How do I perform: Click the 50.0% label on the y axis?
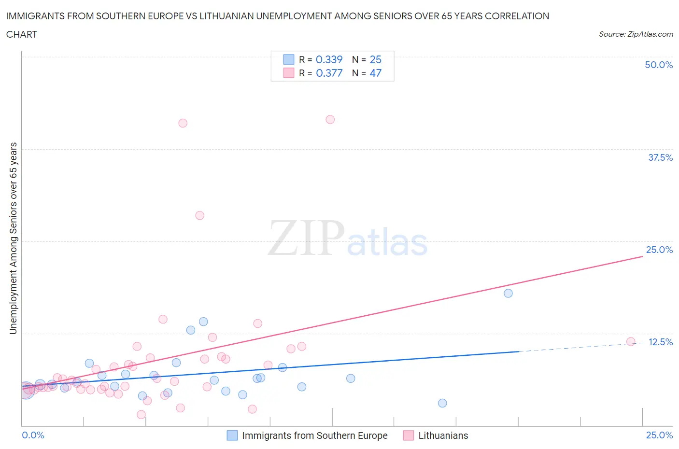[659, 65]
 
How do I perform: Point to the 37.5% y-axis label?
[660, 157]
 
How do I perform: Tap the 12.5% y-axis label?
[660, 342]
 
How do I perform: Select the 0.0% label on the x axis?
[33, 435]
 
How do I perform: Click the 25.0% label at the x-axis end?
[659, 435]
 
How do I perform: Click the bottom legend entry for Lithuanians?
[443, 435]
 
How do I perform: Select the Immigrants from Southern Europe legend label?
[314, 435]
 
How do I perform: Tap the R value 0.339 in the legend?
[329, 59]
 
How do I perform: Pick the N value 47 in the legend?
[375, 73]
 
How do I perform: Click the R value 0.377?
[329, 73]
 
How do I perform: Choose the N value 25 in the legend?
[375, 59]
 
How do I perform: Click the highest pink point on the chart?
[330, 119]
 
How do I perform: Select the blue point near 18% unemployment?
[508, 293]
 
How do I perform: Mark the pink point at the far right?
[631, 341]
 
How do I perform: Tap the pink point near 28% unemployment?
[200, 215]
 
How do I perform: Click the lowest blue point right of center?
[442, 403]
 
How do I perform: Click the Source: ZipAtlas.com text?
[636, 34]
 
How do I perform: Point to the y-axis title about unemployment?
[14, 238]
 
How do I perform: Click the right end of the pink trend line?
[642, 256]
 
